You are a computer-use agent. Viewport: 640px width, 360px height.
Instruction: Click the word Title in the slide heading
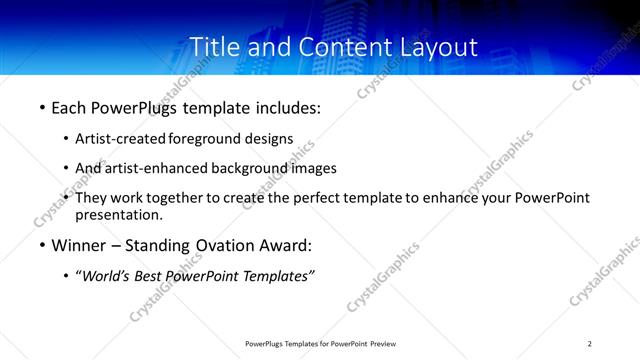pyautogui.click(x=214, y=46)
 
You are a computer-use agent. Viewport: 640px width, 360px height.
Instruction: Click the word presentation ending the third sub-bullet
pyautogui.click(x=118, y=214)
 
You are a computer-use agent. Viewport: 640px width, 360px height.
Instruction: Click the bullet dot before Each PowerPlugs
pyautogui.click(x=41, y=107)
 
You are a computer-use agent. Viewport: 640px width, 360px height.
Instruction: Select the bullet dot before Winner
pyautogui.click(x=41, y=246)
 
